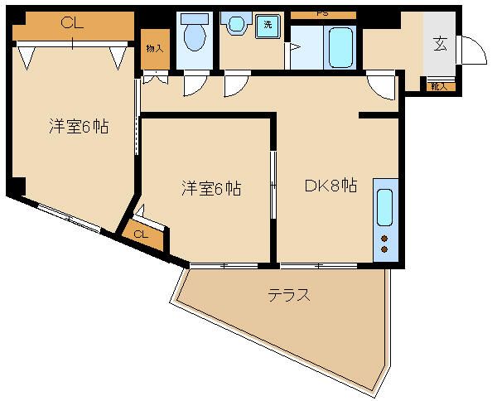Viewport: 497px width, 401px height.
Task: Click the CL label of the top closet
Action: click(x=73, y=24)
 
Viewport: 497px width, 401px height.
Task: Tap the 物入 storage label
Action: click(x=155, y=49)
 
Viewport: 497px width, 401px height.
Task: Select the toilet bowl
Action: click(x=195, y=36)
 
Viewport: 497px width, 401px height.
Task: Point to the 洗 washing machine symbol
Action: click(x=268, y=25)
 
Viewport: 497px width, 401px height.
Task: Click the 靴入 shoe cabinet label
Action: click(x=438, y=85)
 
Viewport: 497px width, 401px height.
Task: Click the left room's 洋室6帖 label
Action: click(x=80, y=128)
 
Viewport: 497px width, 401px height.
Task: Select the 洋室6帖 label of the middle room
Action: click(x=211, y=190)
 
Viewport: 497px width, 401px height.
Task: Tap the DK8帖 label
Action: click(x=331, y=186)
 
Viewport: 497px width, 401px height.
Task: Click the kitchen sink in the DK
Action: click(x=386, y=207)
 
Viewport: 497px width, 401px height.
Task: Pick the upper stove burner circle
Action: click(x=385, y=238)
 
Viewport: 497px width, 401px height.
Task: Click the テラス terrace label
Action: click(x=289, y=295)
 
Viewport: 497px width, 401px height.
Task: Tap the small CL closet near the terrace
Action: click(x=141, y=234)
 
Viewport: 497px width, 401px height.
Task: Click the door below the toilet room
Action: click(x=195, y=83)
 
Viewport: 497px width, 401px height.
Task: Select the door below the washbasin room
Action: click(x=236, y=84)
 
